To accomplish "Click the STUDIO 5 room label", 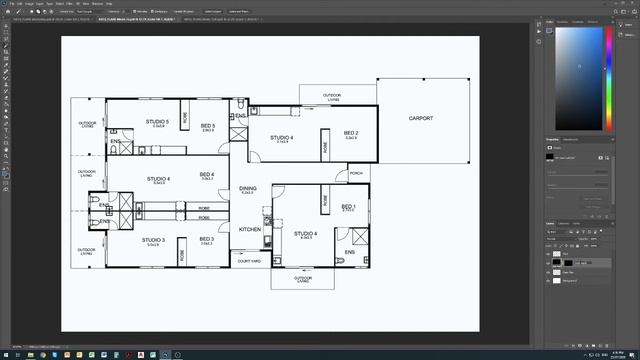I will (157, 122).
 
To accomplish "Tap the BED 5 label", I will (208, 126).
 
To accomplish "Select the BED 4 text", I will (207, 175).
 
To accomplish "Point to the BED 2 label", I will (351, 133).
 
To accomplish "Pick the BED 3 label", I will (207, 239).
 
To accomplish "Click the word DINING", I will (248, 188).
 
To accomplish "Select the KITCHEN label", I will (250, 229).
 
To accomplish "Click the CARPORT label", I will (421, 118).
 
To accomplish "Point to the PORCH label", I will (356, 173).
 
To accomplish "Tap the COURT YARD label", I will (249, 261).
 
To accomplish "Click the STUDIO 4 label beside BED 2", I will (282, 137).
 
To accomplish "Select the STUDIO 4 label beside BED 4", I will (158, 179).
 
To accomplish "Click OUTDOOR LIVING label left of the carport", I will (331, 98).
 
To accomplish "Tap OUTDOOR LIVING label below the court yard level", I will (303, 280).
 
